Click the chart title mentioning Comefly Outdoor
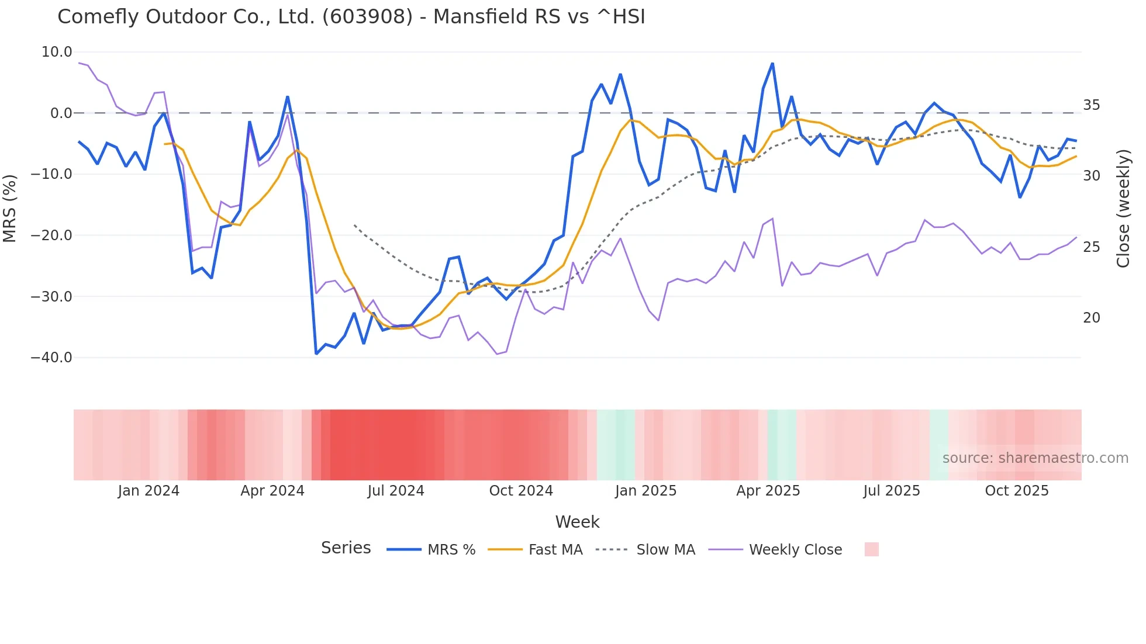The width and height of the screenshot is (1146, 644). click(351, 17)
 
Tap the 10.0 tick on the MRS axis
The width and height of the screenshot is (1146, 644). click(57, 52)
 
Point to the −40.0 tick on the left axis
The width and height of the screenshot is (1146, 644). click(51, 358)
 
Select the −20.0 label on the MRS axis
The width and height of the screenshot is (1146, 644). click(51, 236)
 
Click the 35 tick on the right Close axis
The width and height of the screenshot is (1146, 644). click(1091, 105)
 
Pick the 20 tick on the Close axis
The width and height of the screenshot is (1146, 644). click(1091, 318)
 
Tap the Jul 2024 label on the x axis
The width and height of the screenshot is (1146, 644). click(396, 491)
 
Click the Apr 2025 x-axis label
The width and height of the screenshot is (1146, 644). click(768, 491)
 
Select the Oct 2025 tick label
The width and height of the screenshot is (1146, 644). click(1017, 491)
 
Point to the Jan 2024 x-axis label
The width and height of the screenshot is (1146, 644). click(149, 491)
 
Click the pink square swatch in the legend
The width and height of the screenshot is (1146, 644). click(871, 549)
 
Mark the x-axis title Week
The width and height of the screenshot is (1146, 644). click(577, 522)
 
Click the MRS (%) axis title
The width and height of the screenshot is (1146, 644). click(10, 208)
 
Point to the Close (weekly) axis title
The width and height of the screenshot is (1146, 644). click(1123, 208)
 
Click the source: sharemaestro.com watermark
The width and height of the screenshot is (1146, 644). click(1035, 458)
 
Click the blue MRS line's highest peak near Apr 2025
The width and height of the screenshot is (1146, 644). click(772, 64)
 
